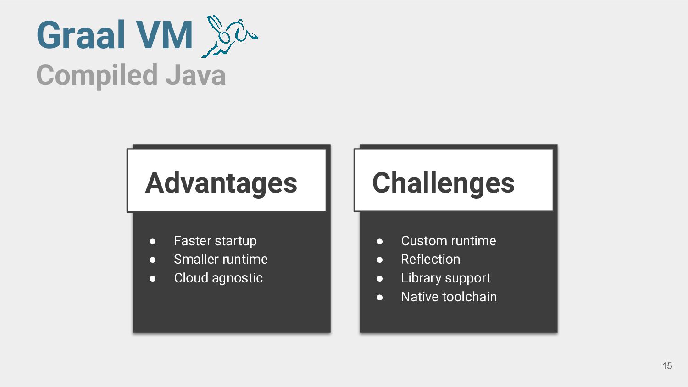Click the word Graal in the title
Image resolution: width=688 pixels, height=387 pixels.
click(x=76, y=35)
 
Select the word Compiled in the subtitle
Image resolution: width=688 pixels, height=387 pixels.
click(x=97, y=75)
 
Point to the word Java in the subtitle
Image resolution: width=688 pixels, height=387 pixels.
click(x=195, y=75)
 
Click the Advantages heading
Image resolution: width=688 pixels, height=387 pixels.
click(x=221, y=182)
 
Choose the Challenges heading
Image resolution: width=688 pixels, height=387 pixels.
click(x=443, y=182)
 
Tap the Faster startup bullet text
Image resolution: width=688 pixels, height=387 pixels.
click(x=215, y=241)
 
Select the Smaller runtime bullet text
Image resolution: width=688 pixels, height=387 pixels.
click(x=221, y=259)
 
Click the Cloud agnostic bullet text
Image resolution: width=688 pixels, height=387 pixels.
click(x=218, y=278)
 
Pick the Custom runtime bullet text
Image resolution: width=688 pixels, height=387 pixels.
click(x=448, y=241)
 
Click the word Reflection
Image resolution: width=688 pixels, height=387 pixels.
click(x=430, y=259)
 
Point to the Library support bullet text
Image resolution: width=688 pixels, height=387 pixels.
click(x=445, y=278)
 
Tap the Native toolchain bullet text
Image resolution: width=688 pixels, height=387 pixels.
click(x=449, y=297)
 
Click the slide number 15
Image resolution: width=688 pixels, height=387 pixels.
click(x=667, y=366)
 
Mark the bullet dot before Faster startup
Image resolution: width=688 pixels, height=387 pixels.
click(x=153, y=241)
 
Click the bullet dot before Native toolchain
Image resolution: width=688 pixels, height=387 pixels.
click(x=380, y=297)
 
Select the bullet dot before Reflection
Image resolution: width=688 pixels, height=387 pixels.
click(x=380, y=260)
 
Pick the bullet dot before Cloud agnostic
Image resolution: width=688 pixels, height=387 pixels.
click(x=153, y=278)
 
